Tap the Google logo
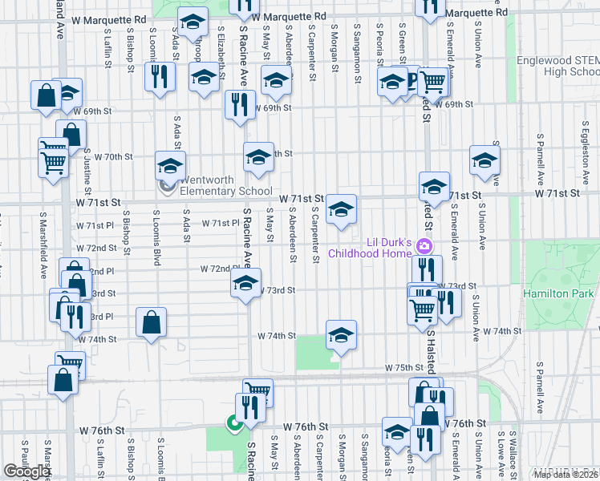pyautogui.click(x=26, y=471)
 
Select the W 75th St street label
pyautogui.click(x=403, y=367)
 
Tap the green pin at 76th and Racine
pyautogui.click(x=233, y=423)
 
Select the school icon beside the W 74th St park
pyautogui.click(x=341, y=335)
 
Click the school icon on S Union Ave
pyautogui.click(x=484, y=160)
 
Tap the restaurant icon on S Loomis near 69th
pyautogui.click(x=158, y=77)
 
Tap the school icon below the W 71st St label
pyautogui.click(x=342, y=210)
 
